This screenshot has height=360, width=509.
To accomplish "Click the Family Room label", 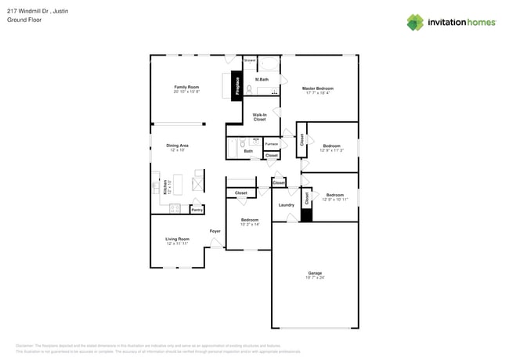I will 186,87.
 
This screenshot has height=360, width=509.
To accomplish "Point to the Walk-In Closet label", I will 259,117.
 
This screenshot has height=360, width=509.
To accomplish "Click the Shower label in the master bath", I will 249,60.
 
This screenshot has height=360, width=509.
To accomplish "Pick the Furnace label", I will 271,144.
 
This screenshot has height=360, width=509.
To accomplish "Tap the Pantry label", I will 197,210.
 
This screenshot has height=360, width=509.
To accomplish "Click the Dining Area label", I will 177,146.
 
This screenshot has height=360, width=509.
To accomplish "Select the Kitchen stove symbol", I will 175,209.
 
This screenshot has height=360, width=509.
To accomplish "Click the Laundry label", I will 287,205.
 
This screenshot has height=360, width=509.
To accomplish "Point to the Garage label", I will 315,273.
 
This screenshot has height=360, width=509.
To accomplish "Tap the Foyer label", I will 215,231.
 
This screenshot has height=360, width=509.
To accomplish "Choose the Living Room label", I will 177,239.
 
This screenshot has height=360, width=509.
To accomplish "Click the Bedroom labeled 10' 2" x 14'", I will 250,220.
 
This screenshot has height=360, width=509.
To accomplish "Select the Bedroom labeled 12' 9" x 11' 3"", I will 332,146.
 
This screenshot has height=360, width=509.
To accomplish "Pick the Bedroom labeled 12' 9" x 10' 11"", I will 334,195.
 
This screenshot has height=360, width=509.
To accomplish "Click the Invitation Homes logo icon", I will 414,22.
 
